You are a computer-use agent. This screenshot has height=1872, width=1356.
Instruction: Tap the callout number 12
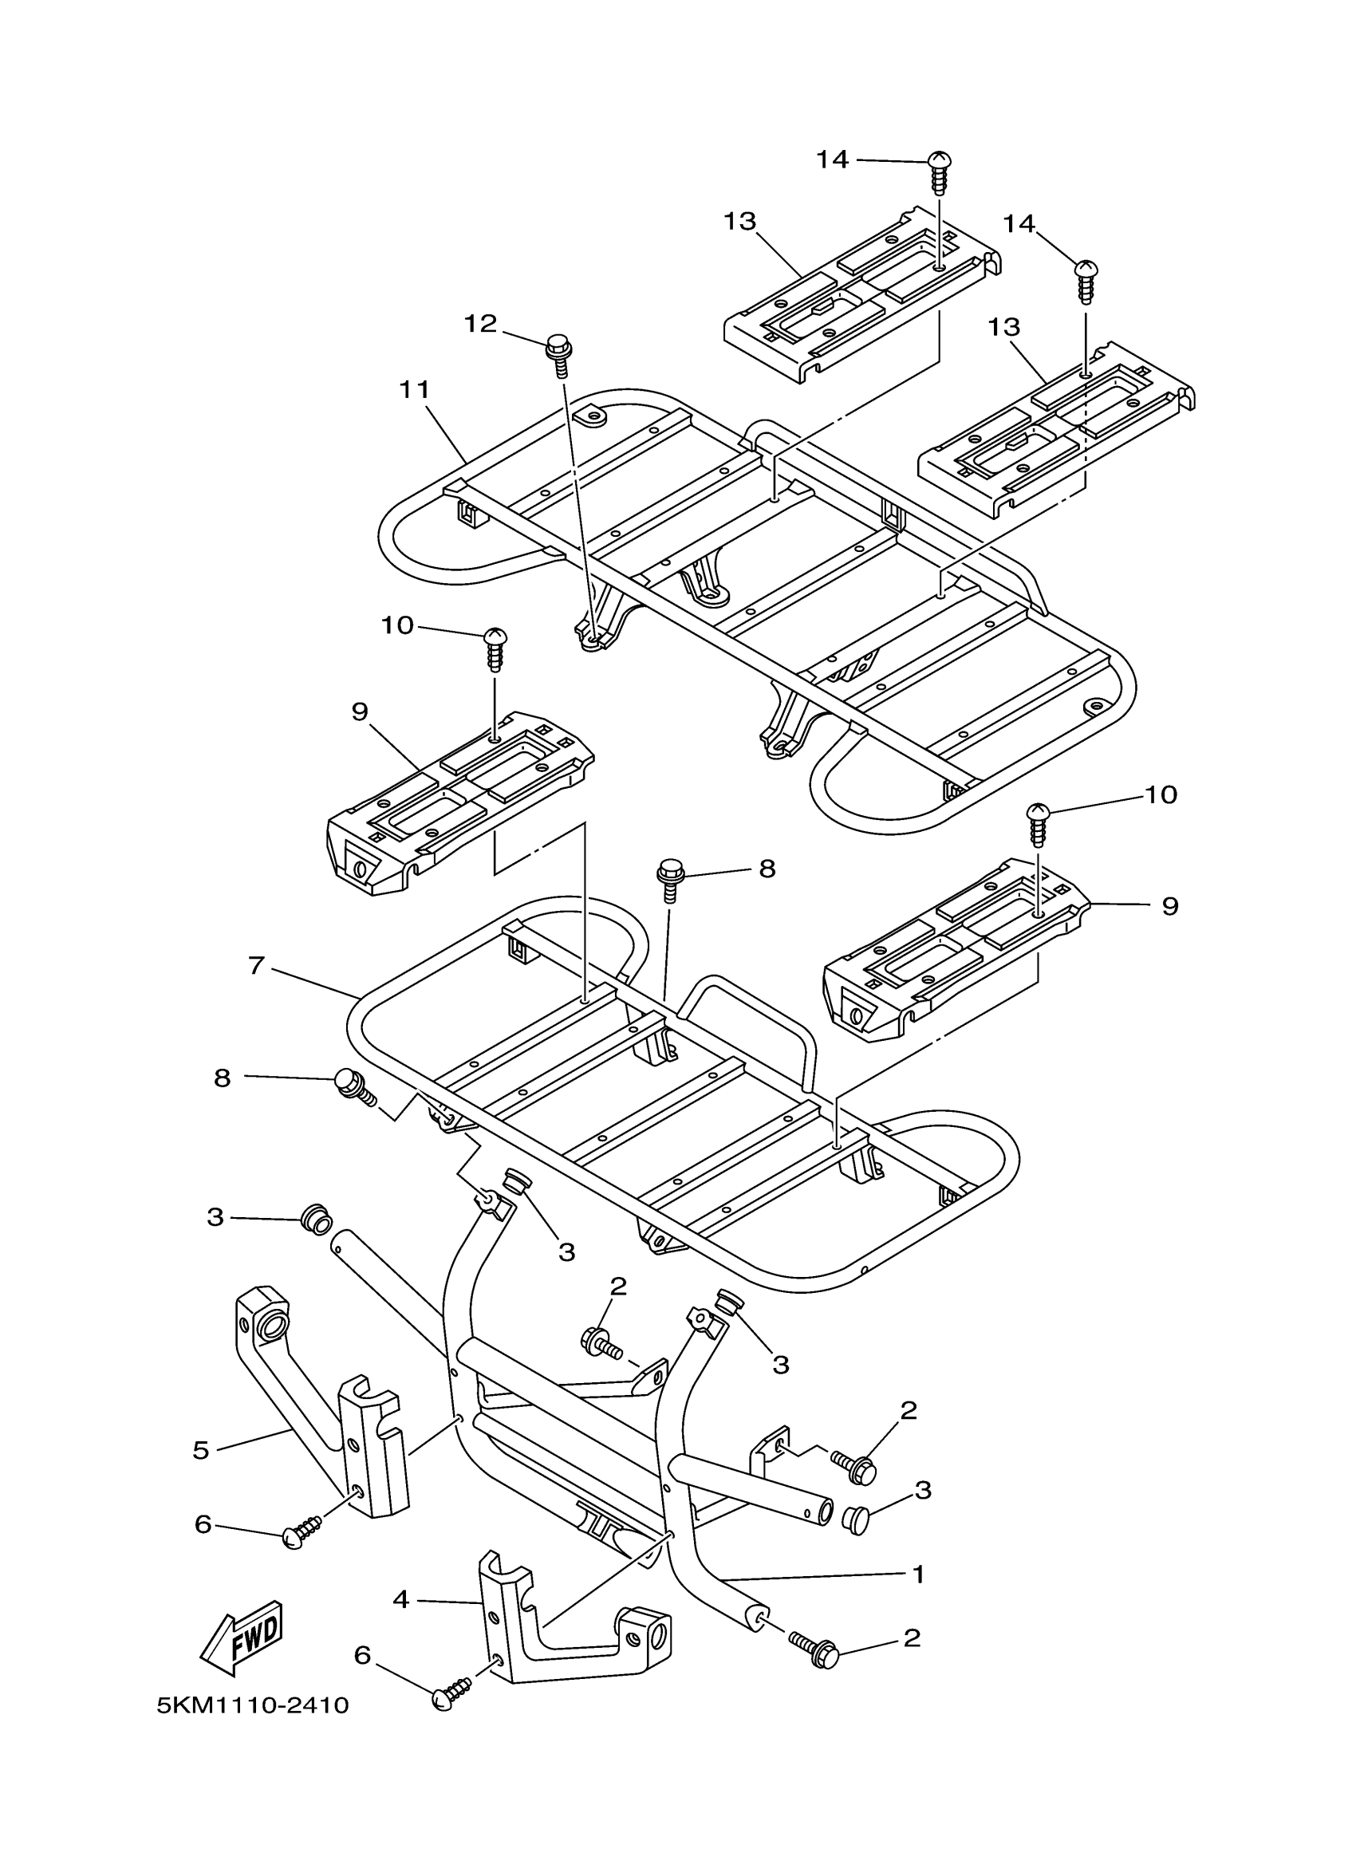(x=480, y=324)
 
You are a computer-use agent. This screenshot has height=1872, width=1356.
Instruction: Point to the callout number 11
(x=414, y=389)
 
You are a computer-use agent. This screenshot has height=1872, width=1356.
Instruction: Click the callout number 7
(x=257, y=965)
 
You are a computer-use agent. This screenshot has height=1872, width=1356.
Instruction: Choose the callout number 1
(x=918, y=1574)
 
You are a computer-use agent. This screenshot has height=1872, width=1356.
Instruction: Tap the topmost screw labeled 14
(x=937, y=171)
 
